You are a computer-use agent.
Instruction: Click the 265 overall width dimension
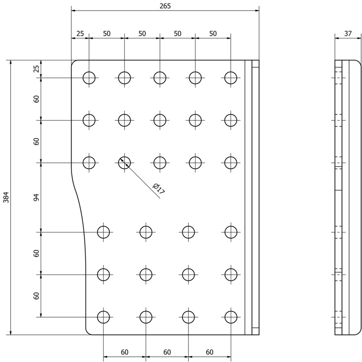[x=165, y=6]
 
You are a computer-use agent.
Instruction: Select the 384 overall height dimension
[x=6, y=197]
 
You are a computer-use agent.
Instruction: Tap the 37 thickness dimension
[x=348, y=33]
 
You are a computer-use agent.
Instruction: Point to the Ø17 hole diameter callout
[x=159, y=189]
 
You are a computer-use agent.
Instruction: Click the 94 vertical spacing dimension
[x=36, y=197]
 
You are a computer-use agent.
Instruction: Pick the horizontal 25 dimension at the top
[x=80, y=33]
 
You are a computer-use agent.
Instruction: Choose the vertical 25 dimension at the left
[x=36, y=69]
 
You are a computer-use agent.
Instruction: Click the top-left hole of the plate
[x=89, y=78]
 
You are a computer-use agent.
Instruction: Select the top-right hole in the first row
[x=231, y=78]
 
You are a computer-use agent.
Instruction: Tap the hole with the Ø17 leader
[x=125, y=163]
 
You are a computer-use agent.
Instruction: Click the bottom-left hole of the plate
[x=104, y=317]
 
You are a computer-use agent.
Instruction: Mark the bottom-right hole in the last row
[x=231, y=317]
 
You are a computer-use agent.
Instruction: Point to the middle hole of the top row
[x=160, y=78]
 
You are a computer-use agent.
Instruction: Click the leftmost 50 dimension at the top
[x=107, y=33]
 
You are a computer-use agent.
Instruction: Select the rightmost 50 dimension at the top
[x=213, y=33]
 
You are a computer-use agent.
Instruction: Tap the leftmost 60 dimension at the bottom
[x=125, y=352]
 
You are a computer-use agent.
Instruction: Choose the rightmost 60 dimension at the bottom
[x=209, y=352]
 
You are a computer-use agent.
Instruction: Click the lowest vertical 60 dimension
[x=36, y=296]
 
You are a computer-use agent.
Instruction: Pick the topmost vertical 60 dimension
[x=36, y=99]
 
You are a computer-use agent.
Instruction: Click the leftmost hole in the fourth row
[x=104, y=232]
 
